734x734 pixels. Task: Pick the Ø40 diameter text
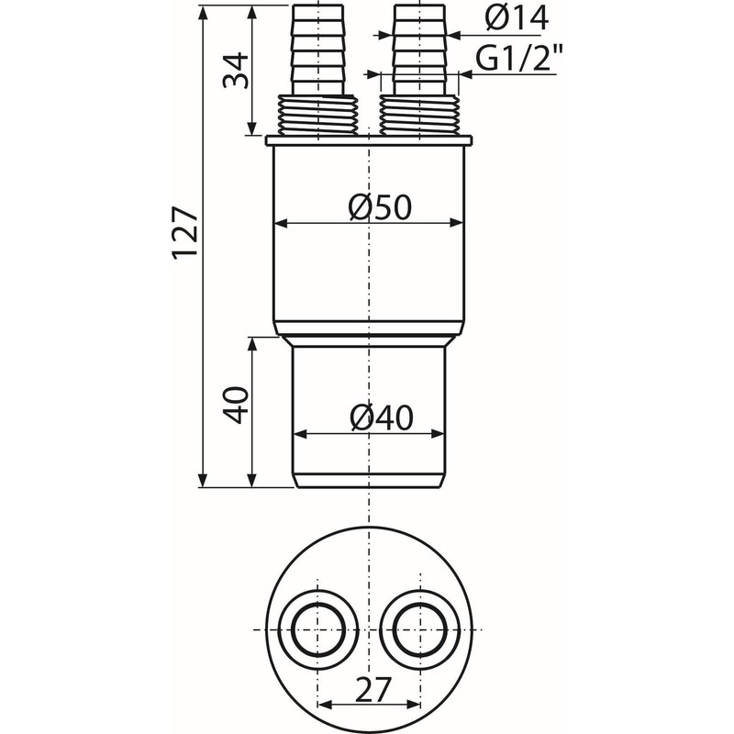381,419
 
